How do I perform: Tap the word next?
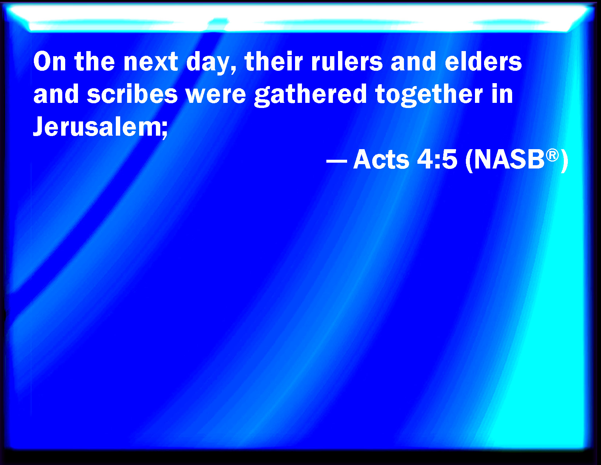tap(150, 62)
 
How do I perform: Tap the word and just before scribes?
tap(56, 94)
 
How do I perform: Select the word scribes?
tap(132, 94)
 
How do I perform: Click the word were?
tap(216, 96)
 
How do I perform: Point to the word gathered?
tap(310, 96)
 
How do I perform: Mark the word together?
tap(429, 96)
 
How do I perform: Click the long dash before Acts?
tap(337, 160)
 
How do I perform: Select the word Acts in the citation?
tap(381, 159)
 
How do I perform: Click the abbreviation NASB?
tap(509, 159)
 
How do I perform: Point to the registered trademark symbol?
tap(552, 155)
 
